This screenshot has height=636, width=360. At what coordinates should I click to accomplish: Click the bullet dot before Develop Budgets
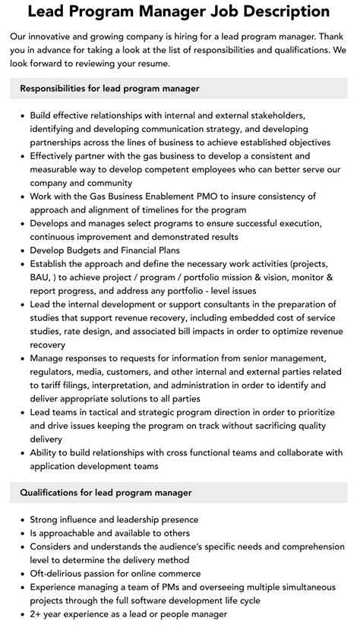click(x=20, y=251)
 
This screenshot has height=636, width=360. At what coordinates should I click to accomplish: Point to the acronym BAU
click(x=42, y=279)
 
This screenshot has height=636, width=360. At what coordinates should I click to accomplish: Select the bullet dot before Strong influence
click(x=20, y=520)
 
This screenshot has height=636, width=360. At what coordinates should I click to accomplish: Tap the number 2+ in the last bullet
click(x=36, y=616)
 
